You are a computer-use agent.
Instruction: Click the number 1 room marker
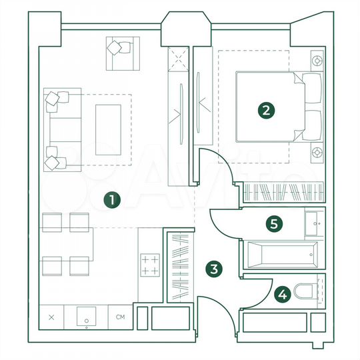click(113, 199)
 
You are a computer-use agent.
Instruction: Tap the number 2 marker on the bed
click(266, 111)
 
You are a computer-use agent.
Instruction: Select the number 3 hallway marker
click(213, 269)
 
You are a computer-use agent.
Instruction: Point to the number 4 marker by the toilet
click(283, 293)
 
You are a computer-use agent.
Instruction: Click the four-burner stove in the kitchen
click(150, 265)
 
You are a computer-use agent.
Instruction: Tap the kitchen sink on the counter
click(87, 318)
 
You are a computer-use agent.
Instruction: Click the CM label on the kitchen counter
click(121, 317)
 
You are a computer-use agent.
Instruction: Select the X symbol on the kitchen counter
click(52, 317)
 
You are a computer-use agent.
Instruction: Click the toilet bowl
click(308, 291)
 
